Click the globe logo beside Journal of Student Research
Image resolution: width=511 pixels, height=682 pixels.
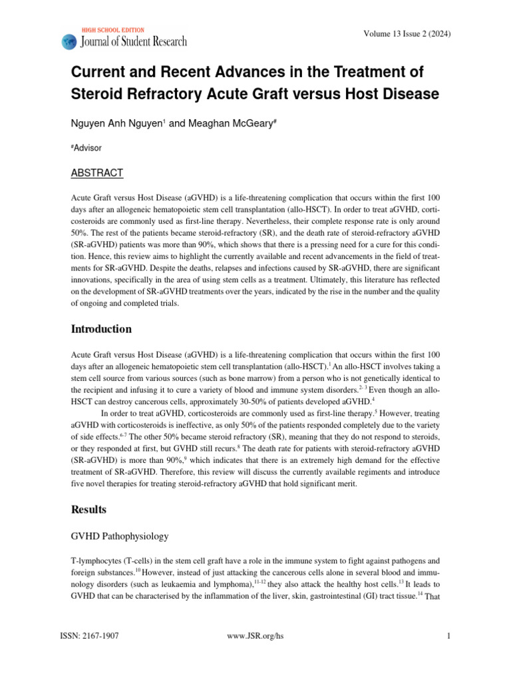tap(69, 41)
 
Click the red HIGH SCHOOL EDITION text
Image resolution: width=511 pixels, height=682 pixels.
tap(112, 31)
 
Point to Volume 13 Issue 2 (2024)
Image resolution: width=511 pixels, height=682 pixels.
tap(409, 35)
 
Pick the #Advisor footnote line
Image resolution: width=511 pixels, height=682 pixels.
tap(86, 148)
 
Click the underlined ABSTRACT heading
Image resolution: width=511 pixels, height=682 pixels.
tap(97, 173)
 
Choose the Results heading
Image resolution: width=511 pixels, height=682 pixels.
tap(90, 510)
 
